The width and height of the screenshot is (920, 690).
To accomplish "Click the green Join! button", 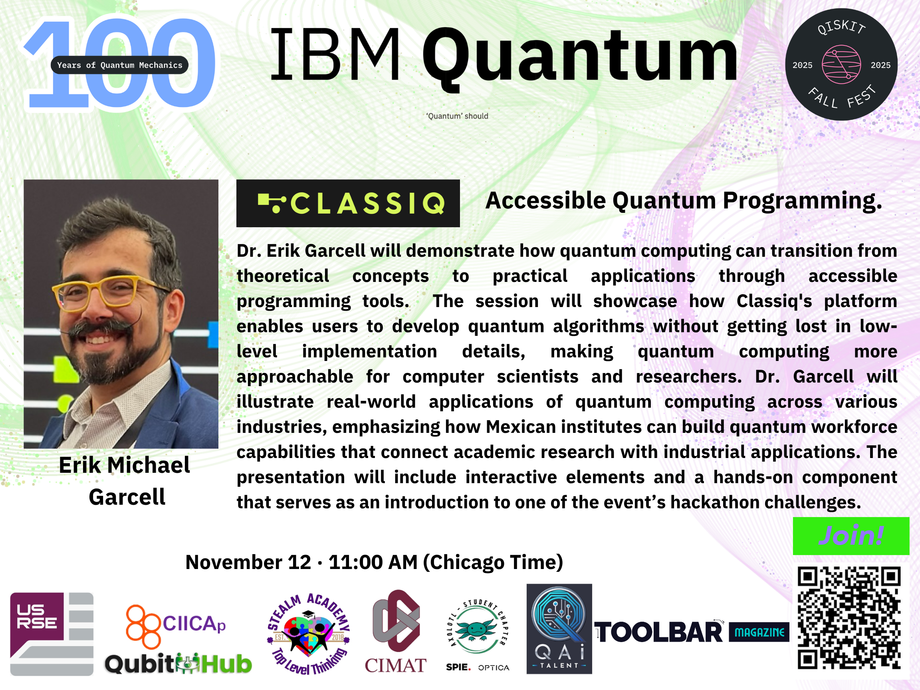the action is pyautogui.click(x=851, y=536).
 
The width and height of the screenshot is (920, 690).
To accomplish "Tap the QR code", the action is pyautogui.click(x=849, y=618).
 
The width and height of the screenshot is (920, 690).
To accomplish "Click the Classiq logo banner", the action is pyautogui.click(x=348, y=203).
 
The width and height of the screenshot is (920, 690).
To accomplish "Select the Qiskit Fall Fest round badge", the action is pyautogui.click(x=841, y=64).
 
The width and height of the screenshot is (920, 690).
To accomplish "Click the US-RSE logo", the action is pyautogui.click(x=52, y=634).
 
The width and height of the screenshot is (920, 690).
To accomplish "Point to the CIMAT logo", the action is pyautogui.click(x=396, y=631).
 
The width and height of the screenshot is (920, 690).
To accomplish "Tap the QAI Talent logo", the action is pyautogui.click(x=559, y=629).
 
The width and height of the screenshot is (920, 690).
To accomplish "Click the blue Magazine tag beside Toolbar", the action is pyautogui.click(x=759, y=632).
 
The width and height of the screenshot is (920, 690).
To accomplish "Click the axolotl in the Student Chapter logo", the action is pyautogui.click(x=477, y=629).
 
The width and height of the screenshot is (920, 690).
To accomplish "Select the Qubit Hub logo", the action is pyautogui.click(x=178, y=664).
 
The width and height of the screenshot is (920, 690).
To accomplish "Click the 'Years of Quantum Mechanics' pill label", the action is pyautogui.click(x=119, y=65).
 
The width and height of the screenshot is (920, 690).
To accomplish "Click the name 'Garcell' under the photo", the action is pyautogui.click(x=127, y=497).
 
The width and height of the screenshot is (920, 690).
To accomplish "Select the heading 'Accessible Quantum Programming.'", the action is pyautogui.click(x=684, y=201).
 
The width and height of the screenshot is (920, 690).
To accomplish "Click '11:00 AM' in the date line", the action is pyautogui.click(x=373, y=562).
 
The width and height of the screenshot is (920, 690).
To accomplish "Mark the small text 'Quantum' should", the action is pyautogui.click(x=457, y=116).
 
